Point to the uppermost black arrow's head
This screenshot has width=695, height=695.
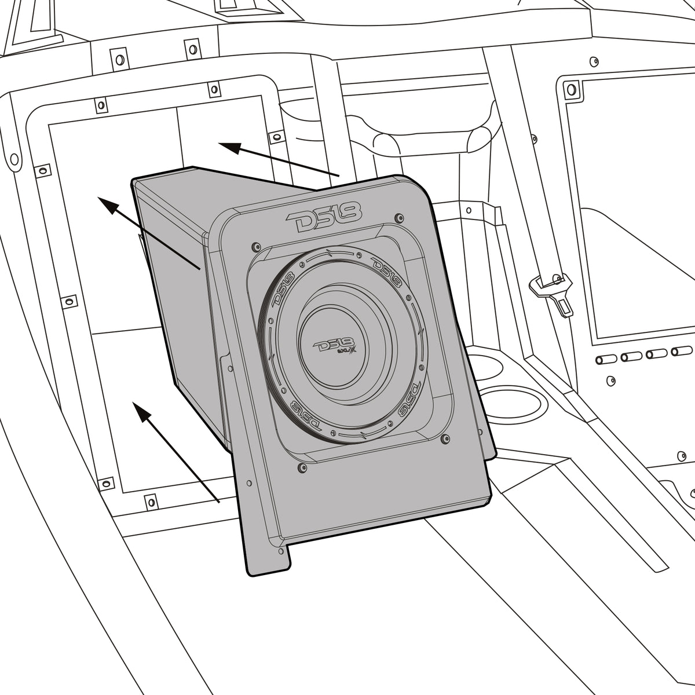point(229,148)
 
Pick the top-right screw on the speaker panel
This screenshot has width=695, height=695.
point(398,218)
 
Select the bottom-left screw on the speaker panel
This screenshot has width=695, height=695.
point(301,466)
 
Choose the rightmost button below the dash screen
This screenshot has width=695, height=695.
point(683,350)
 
